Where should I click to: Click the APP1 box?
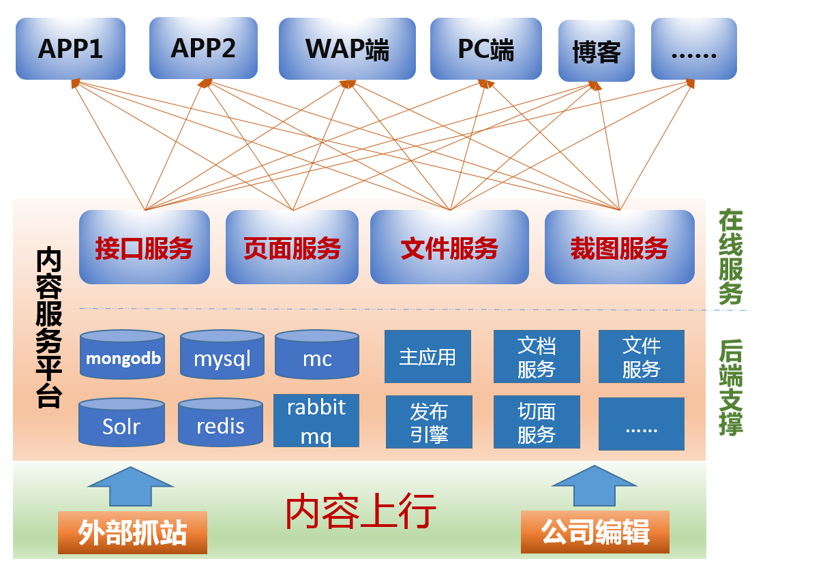click(x=70, y=48)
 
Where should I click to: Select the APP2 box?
click(x=203, y=48)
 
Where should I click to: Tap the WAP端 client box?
click(x=347, y=49)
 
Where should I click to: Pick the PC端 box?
click(x=485, y=49)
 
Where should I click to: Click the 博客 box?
click(x=596, y=51)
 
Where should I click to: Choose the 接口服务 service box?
click(x=144, y=247)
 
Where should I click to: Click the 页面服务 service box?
click(x=292, y=247)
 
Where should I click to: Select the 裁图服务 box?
click(x=619, y=247)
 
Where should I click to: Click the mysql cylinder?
click(x=222, y=356)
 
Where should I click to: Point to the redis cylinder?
click(x=220, y=424)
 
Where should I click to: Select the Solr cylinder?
click(x=121, y=425)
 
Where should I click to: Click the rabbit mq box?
click(x=316, y=421)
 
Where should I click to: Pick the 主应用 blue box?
click(x=427, y=357)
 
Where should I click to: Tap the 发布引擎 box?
click(x=429, y=422)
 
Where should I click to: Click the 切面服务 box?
click(x=537, y=422)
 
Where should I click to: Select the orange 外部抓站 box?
click(x=132, y=532)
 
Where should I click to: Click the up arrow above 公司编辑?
click(x=595, y=486)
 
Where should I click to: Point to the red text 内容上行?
click(x=360, y=511)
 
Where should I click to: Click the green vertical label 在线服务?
click(x=730, y=257)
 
